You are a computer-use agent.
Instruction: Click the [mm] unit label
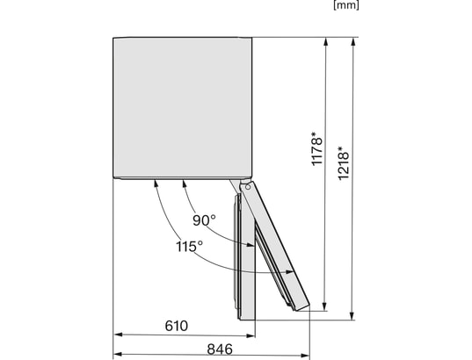(x=346, y=5)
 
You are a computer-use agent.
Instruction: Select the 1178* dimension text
(x=317, y=150)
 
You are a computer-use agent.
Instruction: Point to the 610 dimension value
(x=177, y=326)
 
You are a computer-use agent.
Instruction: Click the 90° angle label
(x=206, y=221)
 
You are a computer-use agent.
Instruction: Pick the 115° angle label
(x=189, y=246)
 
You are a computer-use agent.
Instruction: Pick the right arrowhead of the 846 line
(x=309, y=357)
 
